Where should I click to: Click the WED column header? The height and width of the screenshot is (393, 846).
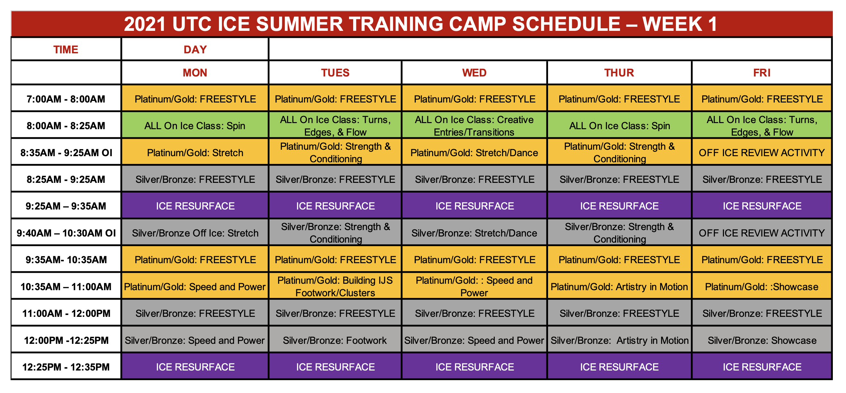(474, 73)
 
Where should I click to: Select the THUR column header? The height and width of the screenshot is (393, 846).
(619, 73)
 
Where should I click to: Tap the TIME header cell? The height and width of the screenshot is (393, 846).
(66, 49)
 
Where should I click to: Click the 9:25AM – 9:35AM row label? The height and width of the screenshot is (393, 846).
(66, 206)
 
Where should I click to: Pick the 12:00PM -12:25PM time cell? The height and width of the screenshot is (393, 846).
(66, 340)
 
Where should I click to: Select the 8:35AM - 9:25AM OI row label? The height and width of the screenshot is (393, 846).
(66, 152)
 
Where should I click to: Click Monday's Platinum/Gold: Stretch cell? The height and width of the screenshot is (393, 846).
(195, 152)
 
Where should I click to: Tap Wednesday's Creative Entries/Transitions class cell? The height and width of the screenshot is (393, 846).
(474, 126)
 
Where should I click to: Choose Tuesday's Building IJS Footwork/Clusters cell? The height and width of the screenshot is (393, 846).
(335, 286)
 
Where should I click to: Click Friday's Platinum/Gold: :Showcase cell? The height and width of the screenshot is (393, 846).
(761, 287)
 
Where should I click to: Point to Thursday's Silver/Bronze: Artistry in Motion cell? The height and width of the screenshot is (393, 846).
(619, 340)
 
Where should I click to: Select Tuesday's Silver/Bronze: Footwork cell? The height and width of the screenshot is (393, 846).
(335, 340)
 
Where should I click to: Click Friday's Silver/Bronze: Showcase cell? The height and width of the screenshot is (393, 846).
(761, 340)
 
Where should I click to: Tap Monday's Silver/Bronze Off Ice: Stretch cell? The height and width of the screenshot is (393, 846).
(195, 233)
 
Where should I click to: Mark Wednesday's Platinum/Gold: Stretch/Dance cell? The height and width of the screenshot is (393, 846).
(474, 152)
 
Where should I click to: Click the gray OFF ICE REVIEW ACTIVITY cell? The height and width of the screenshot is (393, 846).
(761, 233)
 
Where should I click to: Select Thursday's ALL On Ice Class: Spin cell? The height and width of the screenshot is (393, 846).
(619, 126)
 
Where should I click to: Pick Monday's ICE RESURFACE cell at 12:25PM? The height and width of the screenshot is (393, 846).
(195, 367)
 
